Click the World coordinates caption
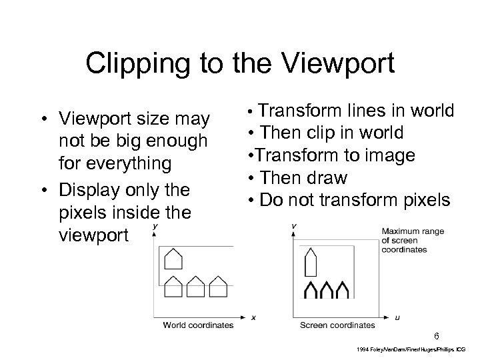[x=199, y=325]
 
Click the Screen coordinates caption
[x=337, y=325]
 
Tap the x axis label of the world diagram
[x=253, y=317]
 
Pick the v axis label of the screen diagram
[x=294, y=226]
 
